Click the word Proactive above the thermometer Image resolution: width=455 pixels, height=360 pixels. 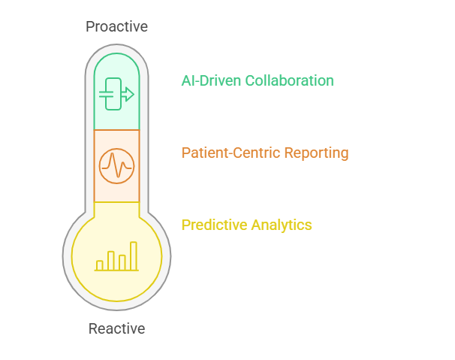tap(116, 27)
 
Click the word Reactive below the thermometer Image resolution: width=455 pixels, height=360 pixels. tap(116, 328)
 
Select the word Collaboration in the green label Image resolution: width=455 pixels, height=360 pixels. tap(289, 80)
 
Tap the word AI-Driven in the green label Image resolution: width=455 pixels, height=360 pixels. tap(211, 80)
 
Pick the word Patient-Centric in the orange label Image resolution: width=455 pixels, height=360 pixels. tap(231, 153)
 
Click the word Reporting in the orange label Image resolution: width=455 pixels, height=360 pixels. tap(316, 153)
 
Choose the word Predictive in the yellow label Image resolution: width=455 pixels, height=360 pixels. tap(214, 225)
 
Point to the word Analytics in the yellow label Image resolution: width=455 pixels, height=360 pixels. tap(282, 225)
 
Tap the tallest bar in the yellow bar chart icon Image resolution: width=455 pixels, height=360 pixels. tap(134, 256)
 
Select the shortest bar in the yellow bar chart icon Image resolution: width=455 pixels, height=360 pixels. tap(100, 265)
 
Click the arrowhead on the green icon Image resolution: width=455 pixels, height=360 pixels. tap(129, 94)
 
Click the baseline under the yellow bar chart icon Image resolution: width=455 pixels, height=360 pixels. tap(116, 271)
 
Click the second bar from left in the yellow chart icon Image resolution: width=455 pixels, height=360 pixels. tap(111, 261)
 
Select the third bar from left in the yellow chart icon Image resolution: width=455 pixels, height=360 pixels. tap(122, 262)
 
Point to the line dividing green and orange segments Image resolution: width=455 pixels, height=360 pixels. tap(116, 130)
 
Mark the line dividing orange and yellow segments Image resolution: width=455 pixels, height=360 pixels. tap(116, 202)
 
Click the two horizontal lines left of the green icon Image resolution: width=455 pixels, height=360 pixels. tap(106, 94)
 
